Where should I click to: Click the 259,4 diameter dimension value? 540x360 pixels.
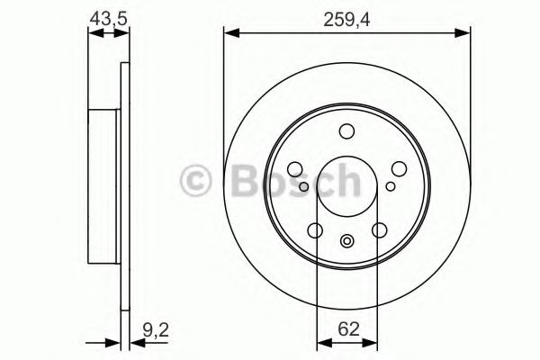point(346,15)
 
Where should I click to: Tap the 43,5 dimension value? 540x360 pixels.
point(105,15)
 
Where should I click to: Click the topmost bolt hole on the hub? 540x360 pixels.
point(347,131)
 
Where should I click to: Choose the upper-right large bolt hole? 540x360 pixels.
point(398,168)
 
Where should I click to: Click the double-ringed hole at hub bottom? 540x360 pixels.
point(347,240)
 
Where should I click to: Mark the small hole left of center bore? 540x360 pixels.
point(305,186)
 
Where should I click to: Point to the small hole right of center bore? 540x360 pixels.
point(390,186)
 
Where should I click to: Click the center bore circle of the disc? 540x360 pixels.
point(347,185)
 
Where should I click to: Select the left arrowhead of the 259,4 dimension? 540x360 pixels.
point(229,34)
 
